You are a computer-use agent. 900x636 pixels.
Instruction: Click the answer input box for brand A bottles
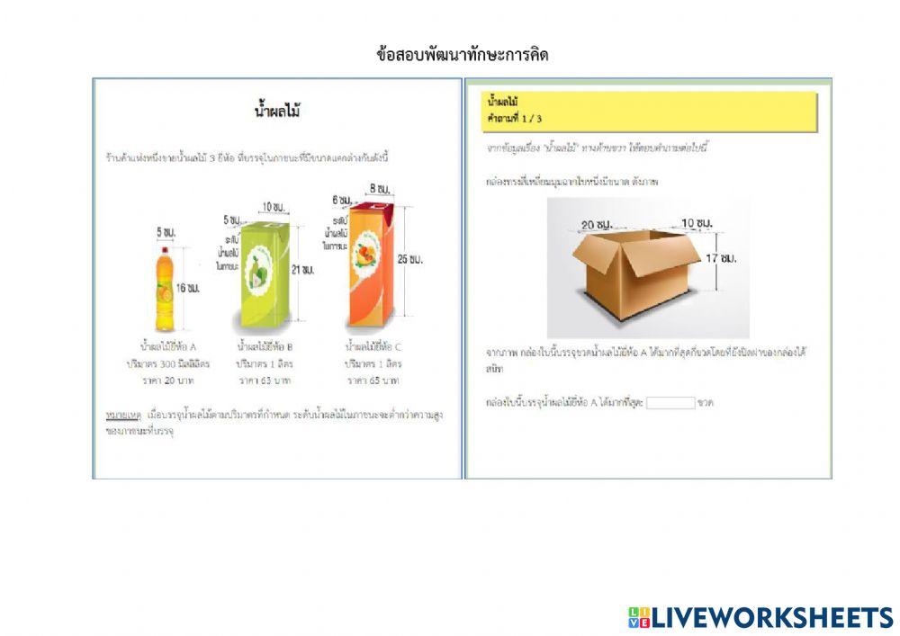pos(670,403)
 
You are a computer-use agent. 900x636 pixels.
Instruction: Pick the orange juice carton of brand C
pos(371,265)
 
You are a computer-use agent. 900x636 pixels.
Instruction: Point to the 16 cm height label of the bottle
pos(187,288)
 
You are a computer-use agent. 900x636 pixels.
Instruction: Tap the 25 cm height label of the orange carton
pos(409,259)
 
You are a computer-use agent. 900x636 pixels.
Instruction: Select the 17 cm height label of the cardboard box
pos(726,259)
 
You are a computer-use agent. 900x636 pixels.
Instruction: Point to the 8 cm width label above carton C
pos(378,189)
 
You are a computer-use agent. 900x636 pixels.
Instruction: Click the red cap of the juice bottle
pos(165,248)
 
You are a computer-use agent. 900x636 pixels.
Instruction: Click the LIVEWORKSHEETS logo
pos(760,617)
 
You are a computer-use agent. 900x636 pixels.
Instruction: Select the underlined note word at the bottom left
pos(119,416)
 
